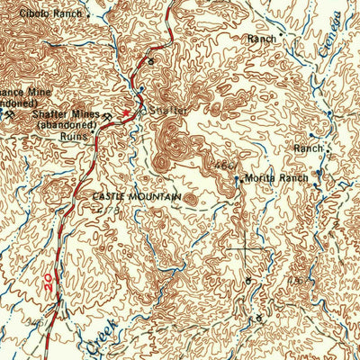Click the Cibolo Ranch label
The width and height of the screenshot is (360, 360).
(x=49, y=13)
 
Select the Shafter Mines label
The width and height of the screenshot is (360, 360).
(x=66, y=116)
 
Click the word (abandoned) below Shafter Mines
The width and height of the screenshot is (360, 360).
(x=67, y=127)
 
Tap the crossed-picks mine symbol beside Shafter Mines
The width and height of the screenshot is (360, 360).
(x=108, y=116)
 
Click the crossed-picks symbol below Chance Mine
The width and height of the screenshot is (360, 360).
(x=9, y=114)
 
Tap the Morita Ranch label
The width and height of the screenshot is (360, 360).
(x=277, y=179)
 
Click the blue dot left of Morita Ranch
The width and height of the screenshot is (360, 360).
(x=238, y=179)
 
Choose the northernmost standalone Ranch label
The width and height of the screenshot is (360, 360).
(x=262, y=39)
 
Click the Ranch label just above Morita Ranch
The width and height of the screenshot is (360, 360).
(x=308, y=148)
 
